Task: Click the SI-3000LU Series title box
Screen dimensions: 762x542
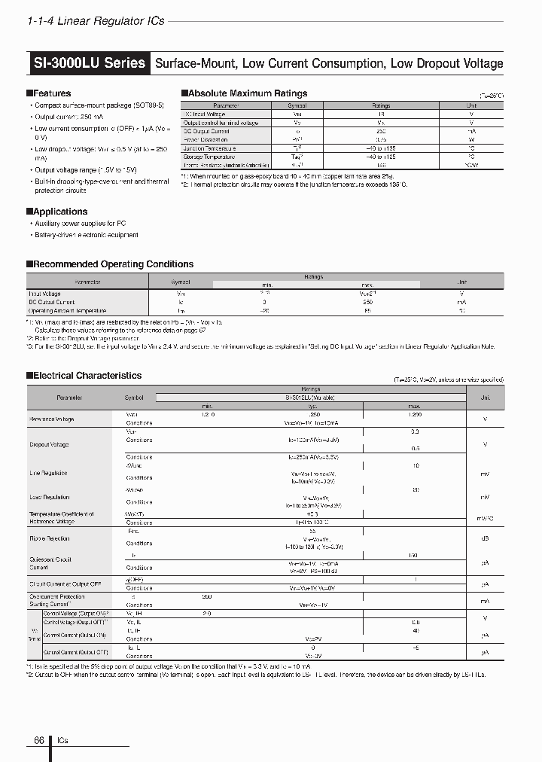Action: (x=90, y=63)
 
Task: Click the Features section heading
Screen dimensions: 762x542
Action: (x=51, y=93)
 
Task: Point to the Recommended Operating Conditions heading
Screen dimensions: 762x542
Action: (x=113, y=264)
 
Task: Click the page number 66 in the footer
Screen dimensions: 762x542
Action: (x=39, y=741)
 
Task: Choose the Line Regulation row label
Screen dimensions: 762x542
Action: (x=48, y=473)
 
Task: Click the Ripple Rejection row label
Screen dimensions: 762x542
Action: (x=49, y=538)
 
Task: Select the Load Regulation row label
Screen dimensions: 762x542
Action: (x=49, y=497)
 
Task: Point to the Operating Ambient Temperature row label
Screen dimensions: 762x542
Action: (x=67, y=310)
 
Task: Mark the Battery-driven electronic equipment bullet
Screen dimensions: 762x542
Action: (x=87, y=235)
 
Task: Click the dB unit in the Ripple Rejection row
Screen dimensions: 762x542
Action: (x=484, y=538)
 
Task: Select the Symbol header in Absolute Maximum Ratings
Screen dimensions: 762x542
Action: (x=297, y=106)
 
